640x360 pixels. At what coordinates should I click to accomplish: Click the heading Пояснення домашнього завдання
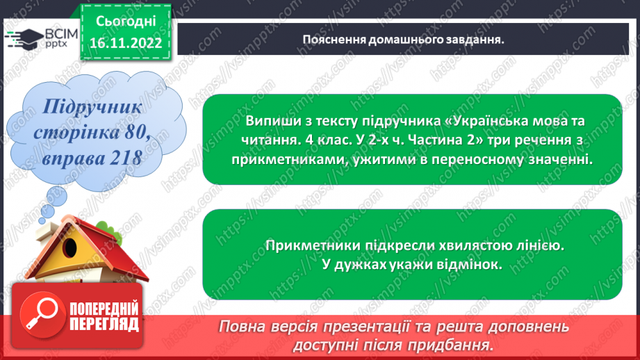402,40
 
